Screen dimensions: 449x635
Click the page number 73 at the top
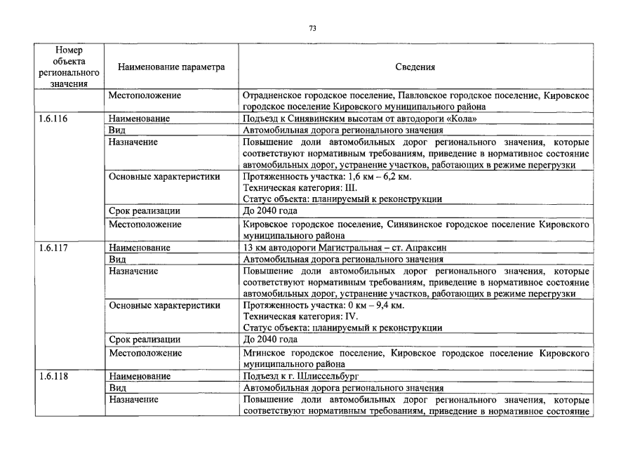(x=313, y=28)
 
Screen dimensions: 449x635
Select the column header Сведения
(x=415, y=67)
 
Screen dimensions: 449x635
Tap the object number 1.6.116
(x=53, y=119)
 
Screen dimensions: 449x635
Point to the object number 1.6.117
(x=53, y=248)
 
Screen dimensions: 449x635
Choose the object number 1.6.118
(x=53, y=376)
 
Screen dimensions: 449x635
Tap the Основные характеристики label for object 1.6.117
(x=164, y=305)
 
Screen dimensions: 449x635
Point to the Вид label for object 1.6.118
(x=116, y=387)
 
